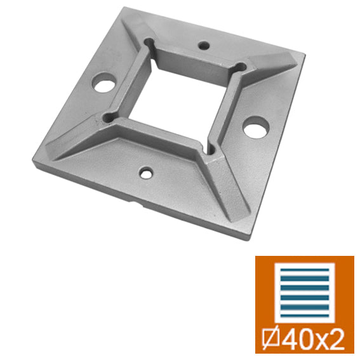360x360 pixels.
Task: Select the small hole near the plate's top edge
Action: point(203,46)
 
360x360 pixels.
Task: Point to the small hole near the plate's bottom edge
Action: point(147,172)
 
